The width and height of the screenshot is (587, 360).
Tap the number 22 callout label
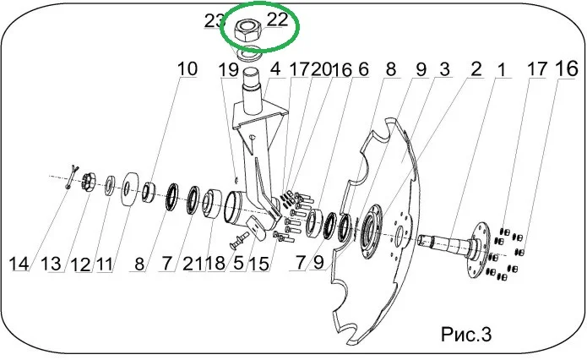(x=277, y=19)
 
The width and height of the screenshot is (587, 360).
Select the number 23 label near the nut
(x=214, y=20)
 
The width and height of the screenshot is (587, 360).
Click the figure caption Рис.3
(x=465, y=334)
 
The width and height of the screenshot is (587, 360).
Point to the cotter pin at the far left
(x=72, y=177)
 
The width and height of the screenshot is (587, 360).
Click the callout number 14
(x=19, y=264)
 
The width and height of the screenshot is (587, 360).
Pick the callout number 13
(x=51, y=264)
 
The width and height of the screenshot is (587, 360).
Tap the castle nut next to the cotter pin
(x=89, y=182)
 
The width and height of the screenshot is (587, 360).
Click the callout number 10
(x=187, y=69)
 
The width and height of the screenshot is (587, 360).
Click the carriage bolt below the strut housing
(x=239, y=240)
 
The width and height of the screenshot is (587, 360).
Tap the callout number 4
(x=275, y=69)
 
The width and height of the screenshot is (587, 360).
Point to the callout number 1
(x=501, y=69)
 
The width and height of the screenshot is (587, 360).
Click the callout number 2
(x=476, y=69)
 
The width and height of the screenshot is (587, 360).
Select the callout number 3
(x=445, y=69)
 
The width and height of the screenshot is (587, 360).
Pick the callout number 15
(x=259, y=264)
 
